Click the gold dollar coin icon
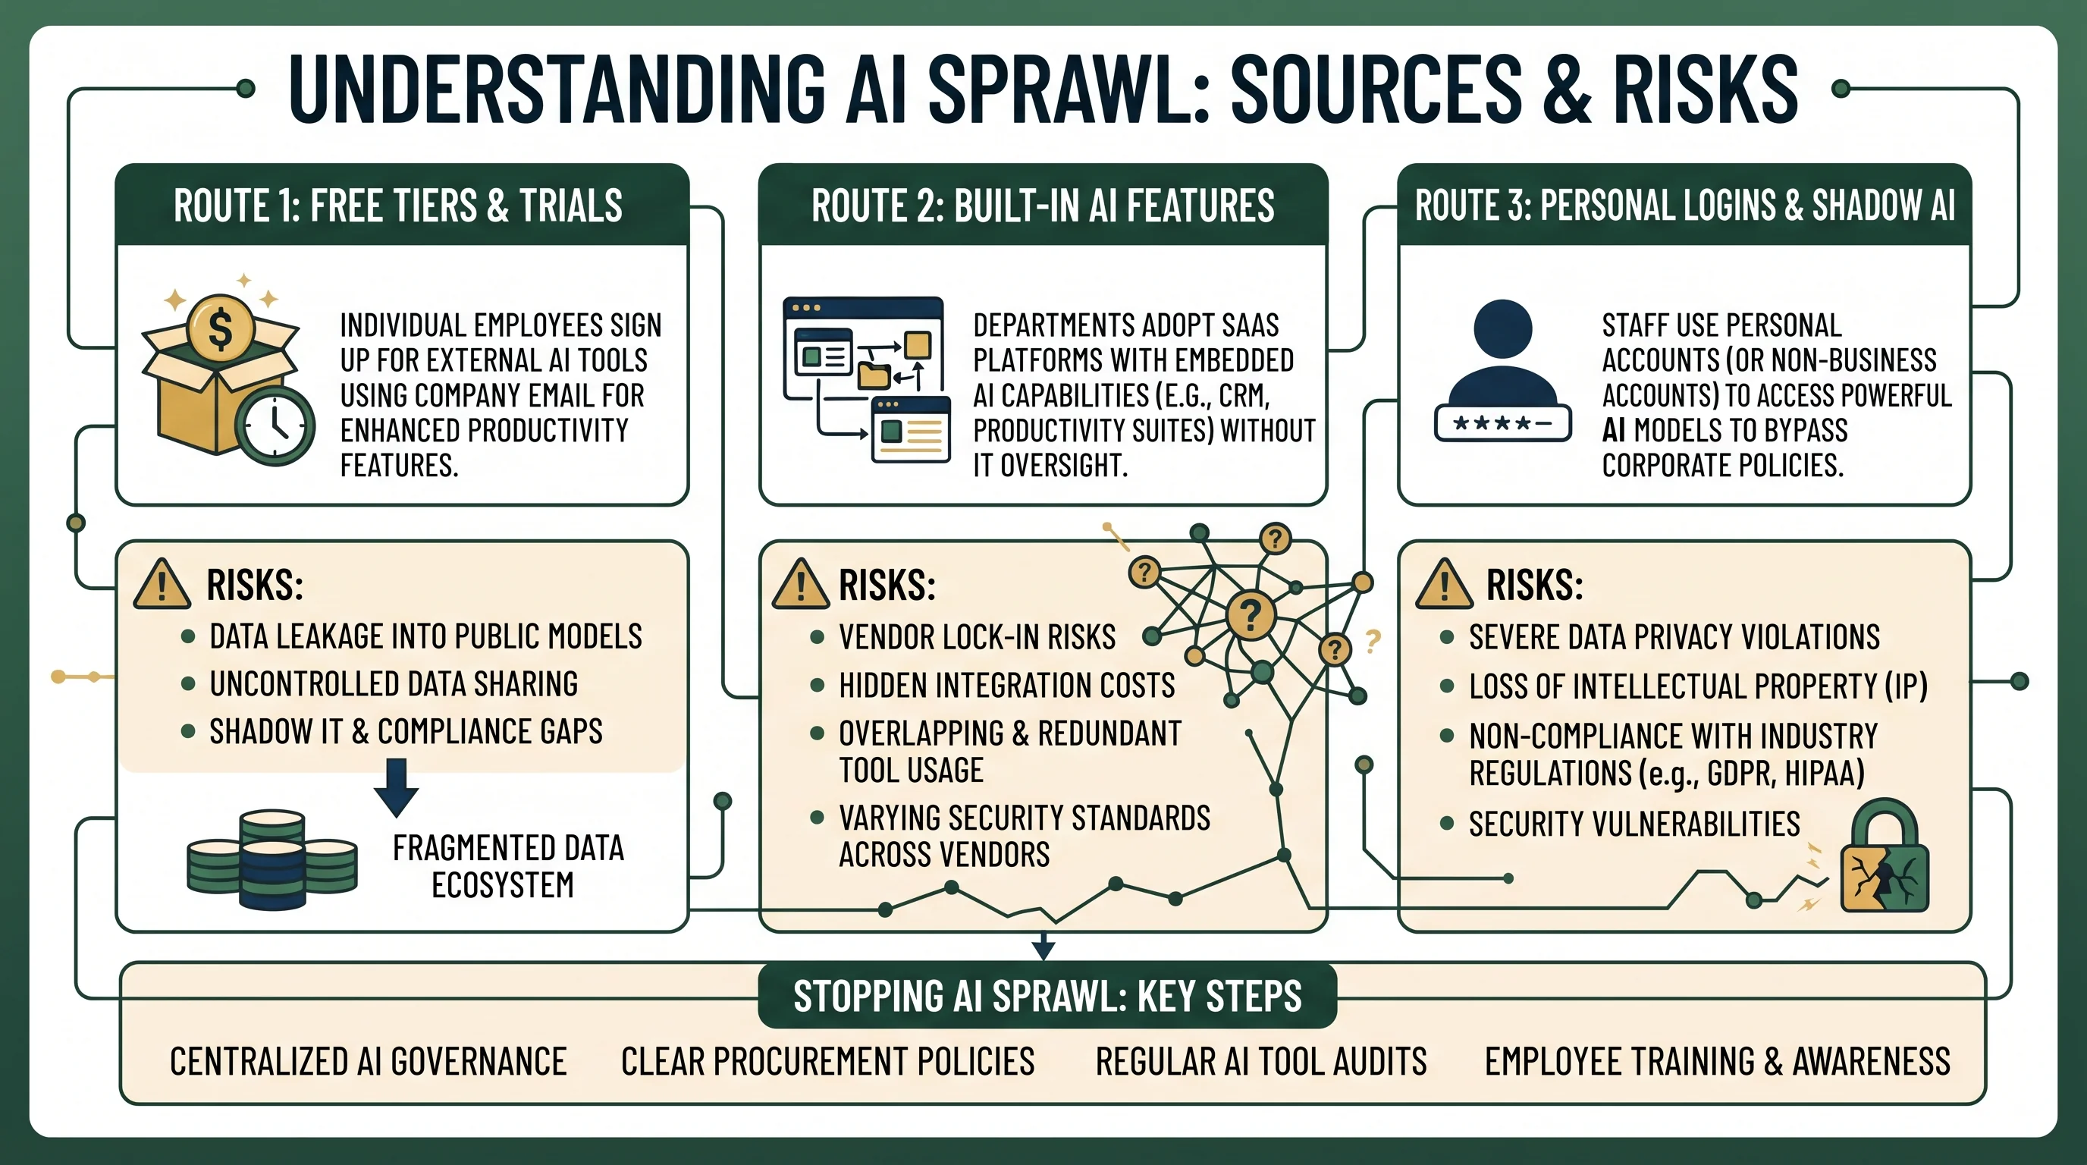point(221,328)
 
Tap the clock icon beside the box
point(275,425)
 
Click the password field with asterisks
point(1503,423)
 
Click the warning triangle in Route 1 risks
point(162,584)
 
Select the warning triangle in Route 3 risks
point(1444,584)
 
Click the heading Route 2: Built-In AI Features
point(1043,206)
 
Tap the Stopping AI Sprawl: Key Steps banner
point(1047,996)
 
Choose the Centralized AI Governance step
point(368,1061)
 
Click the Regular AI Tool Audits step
point(1260,1061)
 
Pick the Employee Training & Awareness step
point(1718,1061)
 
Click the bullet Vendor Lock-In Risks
point(977,637)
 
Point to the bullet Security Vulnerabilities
point(1634,824)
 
